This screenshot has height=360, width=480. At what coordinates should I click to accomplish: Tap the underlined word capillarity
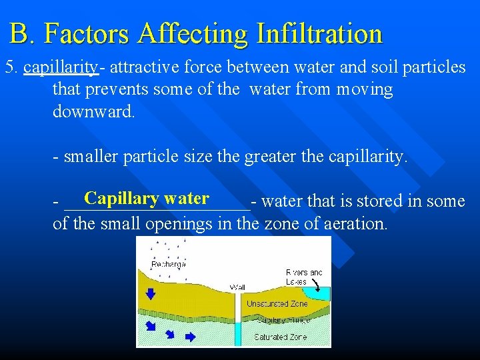(60, 67)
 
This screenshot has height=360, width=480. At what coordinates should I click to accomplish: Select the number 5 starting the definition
(9, 67)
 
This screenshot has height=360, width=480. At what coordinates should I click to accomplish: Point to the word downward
(93, 111)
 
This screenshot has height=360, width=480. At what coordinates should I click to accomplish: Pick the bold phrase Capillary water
(147, 198)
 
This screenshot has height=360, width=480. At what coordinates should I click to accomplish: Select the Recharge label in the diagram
(169, 265)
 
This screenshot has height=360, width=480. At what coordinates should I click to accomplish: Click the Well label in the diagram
(237, 287)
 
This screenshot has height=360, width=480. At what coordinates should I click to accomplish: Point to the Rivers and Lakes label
(304, 277)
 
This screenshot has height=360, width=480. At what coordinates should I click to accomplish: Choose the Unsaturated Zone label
(277, 303)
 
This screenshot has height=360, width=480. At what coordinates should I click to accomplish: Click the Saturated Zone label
(281, 337)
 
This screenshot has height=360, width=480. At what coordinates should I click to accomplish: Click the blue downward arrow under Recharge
(150, 293)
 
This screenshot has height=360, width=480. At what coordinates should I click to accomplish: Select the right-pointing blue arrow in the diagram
(190, 337)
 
